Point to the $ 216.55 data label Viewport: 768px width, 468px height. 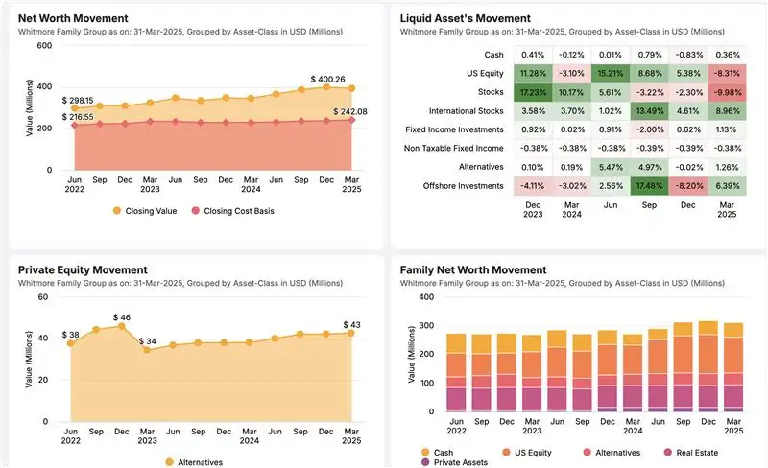79,117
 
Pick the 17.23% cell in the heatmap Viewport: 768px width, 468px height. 530,91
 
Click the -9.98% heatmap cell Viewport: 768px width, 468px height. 728,91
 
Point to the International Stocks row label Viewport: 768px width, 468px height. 466,110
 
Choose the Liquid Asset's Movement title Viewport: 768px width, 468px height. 465,18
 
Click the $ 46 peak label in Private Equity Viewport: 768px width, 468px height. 123,316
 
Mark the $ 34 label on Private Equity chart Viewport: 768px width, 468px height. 147,341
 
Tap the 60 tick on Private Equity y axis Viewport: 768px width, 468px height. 42,297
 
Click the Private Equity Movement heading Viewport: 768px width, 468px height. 83,270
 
